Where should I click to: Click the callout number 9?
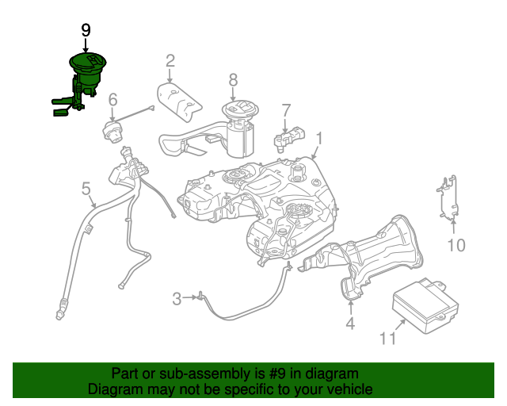pos(86,30)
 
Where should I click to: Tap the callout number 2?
pos(170,60)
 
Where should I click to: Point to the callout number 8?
pos(233,79)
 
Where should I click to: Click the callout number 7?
pos(286,109)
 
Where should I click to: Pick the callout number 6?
pos(112,100)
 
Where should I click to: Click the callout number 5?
pos(86,188)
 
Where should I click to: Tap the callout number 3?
pos(176,298)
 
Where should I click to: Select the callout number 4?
pos(349,323)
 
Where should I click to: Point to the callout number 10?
pos(456,245)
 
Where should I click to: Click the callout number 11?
pos(387,339)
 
